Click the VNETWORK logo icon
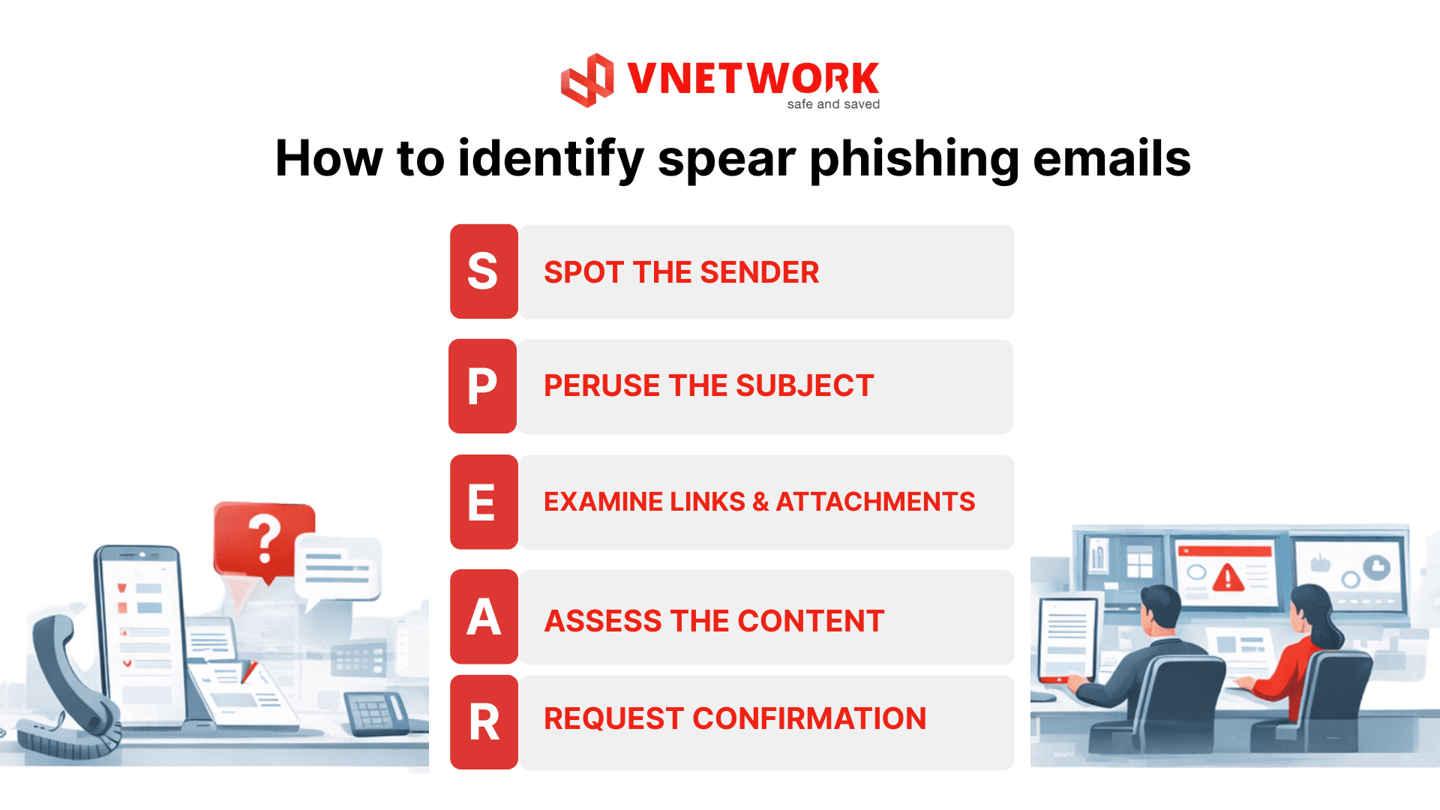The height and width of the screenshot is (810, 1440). tap(587, 80)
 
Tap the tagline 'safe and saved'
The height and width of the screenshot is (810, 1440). tap(833, 104)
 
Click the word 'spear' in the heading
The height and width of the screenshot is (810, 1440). tap(727, 159)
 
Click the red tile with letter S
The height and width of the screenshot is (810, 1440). tap(484, 271)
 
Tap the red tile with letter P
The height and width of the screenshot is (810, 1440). tap(482, 386)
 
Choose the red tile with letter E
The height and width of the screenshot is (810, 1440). tap(484, 502)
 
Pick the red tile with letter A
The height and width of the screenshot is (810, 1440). tap(484, 616)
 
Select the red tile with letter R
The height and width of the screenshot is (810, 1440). tap(484, 722)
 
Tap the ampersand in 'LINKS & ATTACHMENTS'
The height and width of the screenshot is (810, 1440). tap(760, 502)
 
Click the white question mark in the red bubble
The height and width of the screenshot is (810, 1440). tap(264, 538)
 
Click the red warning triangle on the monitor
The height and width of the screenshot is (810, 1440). tap(1228, 577)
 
